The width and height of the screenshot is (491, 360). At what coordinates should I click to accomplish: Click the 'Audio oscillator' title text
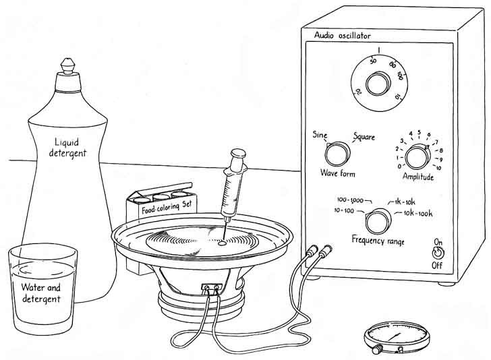(343, 35)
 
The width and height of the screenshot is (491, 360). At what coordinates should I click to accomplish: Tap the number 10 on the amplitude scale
(438, 167)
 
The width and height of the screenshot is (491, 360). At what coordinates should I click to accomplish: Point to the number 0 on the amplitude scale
(400, 166)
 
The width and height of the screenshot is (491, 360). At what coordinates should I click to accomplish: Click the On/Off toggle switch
(439, 253)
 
